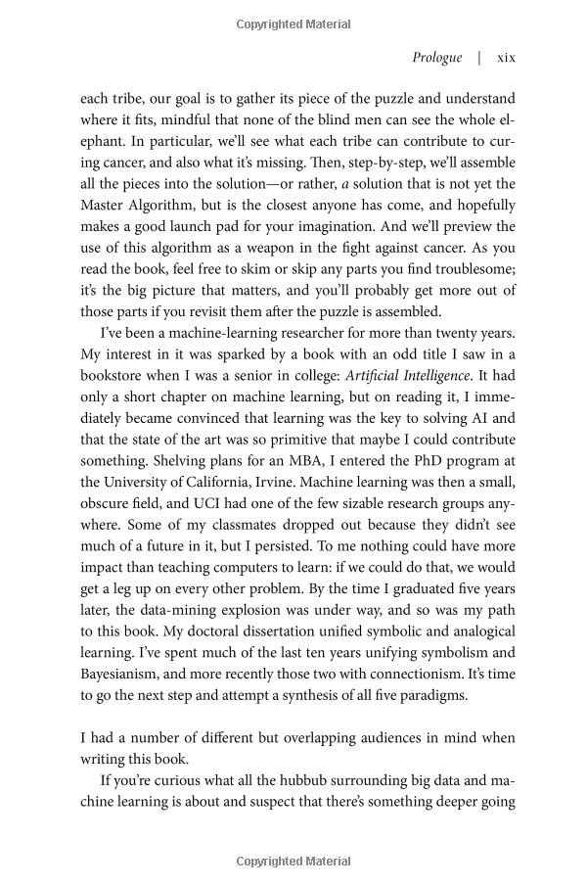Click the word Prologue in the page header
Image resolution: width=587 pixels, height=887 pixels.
coord(437,58)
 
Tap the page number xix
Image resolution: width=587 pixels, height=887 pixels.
coord(506,58)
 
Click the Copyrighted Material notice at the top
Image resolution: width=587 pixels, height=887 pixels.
coord(293,21)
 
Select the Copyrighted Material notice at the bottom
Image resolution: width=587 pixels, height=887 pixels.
coord(293,862)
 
